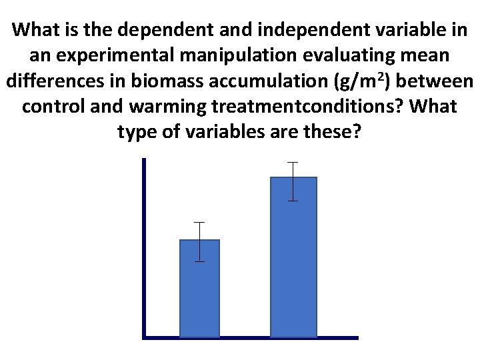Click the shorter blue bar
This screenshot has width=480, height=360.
point(199,288)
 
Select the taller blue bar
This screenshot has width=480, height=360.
point(293,257)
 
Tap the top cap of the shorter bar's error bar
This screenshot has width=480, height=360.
point(199,222)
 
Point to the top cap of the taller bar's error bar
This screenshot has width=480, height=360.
point(293,162)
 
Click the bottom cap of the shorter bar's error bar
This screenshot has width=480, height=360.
point(199,261)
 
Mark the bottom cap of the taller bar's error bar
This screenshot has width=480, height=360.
point(293,201)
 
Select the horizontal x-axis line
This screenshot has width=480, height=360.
point(251,337)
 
